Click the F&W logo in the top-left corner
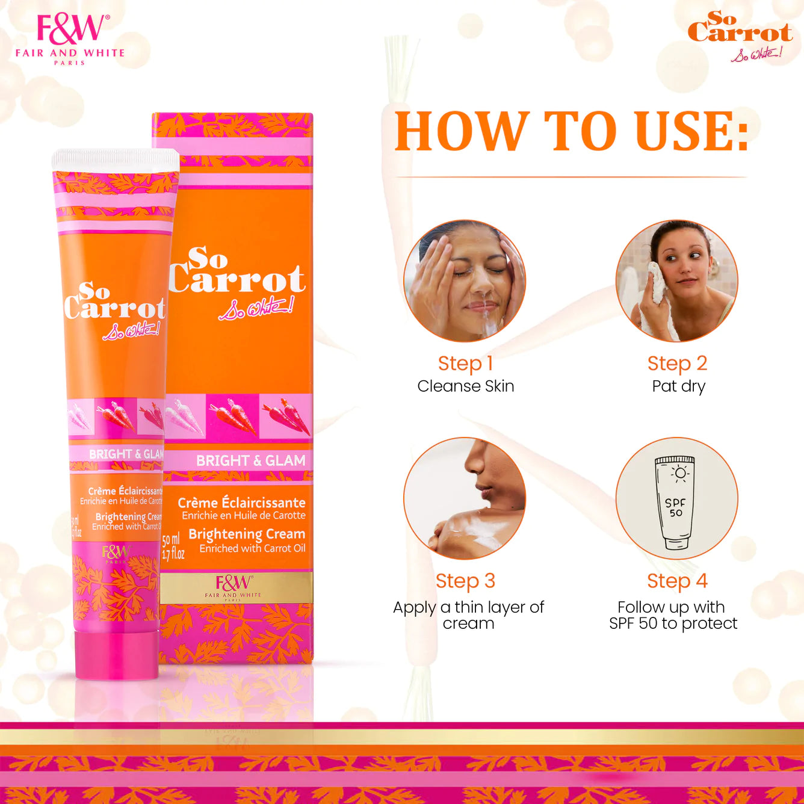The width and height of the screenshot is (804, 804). [70, 38]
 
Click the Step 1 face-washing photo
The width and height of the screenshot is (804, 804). [465, 280]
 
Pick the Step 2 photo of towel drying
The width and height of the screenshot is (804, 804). [677, 280]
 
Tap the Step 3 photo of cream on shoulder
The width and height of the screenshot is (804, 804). [465, 498]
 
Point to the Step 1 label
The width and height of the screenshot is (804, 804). [465, 363]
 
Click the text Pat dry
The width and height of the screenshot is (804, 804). [678, 386]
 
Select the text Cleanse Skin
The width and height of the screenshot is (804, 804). [466, 386]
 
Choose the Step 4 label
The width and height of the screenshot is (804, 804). [677, 581]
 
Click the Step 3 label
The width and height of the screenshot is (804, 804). [465, 581]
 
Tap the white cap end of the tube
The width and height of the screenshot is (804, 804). [115, 159]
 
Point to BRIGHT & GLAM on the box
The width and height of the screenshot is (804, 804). [250, 461]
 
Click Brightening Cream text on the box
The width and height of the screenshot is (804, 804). [247, 534]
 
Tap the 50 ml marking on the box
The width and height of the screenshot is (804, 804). [171, 540]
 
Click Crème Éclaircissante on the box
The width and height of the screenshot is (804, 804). [241, 503]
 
